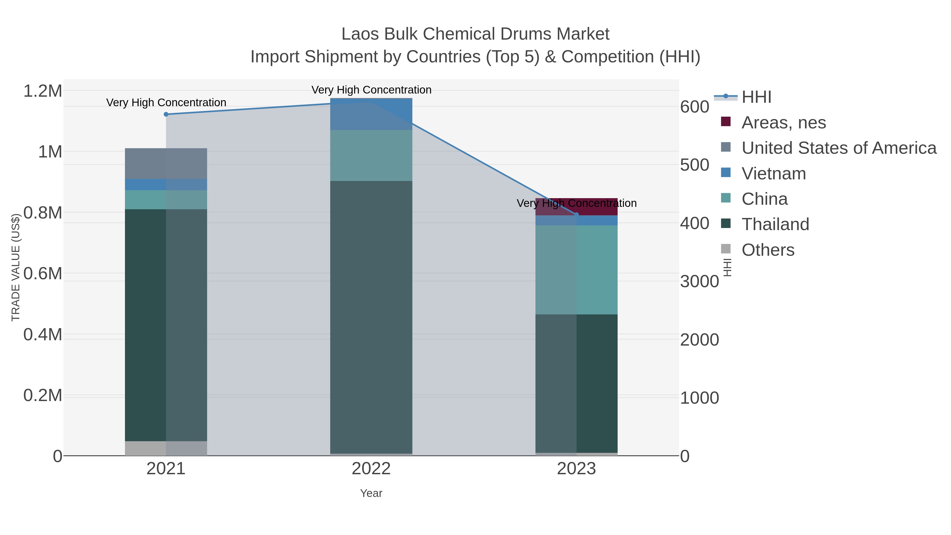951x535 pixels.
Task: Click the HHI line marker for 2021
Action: pyautogui.click(x=166, y=114)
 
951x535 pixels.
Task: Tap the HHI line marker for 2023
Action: pyautogui.click(x=577, y=215)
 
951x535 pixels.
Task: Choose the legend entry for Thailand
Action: pyautogui.click(x=775, y=225)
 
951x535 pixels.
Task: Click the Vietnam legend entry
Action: pyautogui.click(x=774, y=174)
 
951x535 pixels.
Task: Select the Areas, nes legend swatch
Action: pyautogui.click(x=726, y=122)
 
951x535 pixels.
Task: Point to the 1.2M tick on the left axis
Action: pyautogui.click(x=43, y=91)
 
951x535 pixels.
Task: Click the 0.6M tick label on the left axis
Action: pyautogui.click(x=43, y=274)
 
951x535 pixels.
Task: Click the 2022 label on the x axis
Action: pyautogui.click(x=371, y=469)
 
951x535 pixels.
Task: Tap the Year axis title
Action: pyautogui.click(x=371, y=493)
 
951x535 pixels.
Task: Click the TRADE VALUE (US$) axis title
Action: pyautogui.click(x=16, y=268)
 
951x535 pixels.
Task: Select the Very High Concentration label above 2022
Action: pyautogui.click(x=371, y=90)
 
